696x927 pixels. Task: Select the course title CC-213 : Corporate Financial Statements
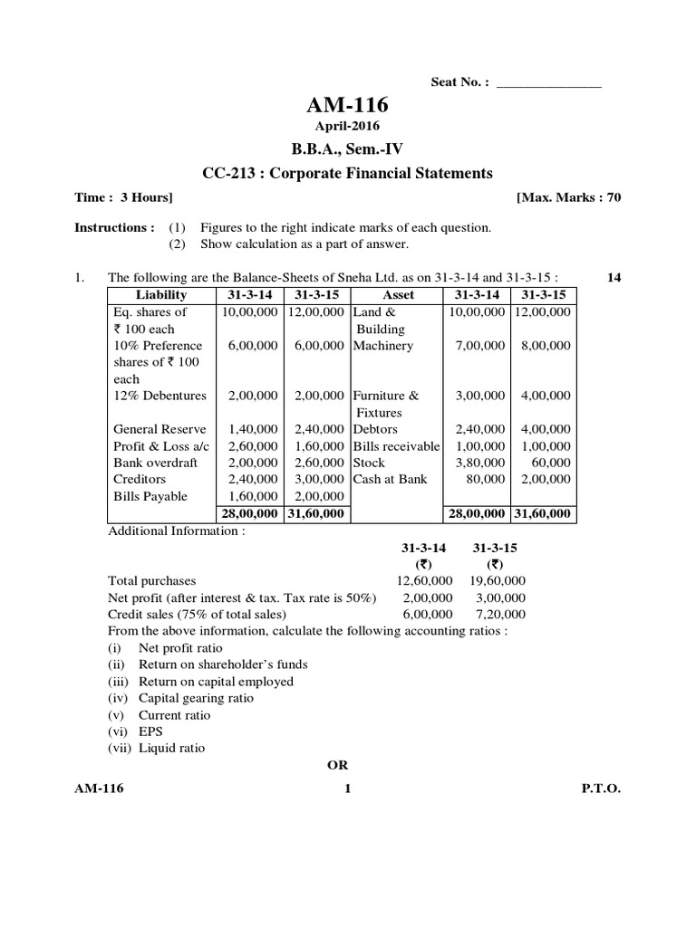tap(348, 173)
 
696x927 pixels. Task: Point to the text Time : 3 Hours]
tap(123, 197)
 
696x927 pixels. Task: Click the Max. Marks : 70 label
tap(568, 197)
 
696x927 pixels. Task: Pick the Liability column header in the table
tap(161, 295)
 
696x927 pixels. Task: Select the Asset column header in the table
tap(399, 295)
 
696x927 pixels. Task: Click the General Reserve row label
tap(159, 429)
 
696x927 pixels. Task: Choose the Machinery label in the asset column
tap(383, 346)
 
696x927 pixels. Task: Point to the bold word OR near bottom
tap(337, 765)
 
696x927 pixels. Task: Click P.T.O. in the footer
tap(601, 789)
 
